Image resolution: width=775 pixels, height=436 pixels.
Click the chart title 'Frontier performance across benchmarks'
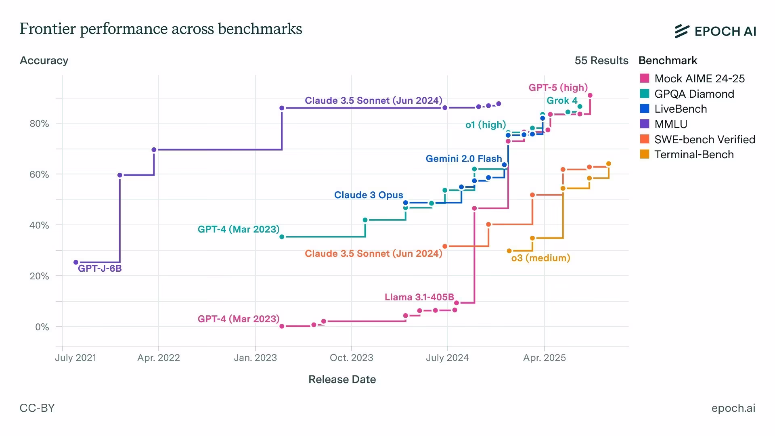coord(161,29)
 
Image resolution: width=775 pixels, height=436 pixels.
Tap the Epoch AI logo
coord(715,31)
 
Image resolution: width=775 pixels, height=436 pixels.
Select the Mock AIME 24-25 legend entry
coord(692,78)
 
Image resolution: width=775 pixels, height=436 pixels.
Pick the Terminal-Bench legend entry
coord(687,154)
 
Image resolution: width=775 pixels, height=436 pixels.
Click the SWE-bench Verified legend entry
coord(697,139)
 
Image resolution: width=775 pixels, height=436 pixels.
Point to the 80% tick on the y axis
coord(39,124)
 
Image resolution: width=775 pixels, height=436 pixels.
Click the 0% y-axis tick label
coord(42,327)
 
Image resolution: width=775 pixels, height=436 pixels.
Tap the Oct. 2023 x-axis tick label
coord(351,358)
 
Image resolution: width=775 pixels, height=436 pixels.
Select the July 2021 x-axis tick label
coord(75,358)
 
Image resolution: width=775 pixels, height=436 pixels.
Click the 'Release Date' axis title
coord(342,379)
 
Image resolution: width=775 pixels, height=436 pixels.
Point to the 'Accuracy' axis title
coord(44,61)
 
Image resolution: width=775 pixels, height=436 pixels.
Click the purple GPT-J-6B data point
coord(76,262)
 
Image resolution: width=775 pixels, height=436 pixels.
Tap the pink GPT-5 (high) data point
coord(590,96)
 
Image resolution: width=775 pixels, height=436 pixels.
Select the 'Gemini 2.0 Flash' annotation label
coord(464,159)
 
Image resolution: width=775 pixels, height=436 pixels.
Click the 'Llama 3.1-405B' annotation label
coord(419,297)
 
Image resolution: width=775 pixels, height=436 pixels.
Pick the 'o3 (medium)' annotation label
coord(540,258)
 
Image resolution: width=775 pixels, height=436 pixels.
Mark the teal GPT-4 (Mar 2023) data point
coord(282,237)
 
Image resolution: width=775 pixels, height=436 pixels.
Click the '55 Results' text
coord(601,61)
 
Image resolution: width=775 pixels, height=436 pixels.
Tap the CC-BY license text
coord(37,408)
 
